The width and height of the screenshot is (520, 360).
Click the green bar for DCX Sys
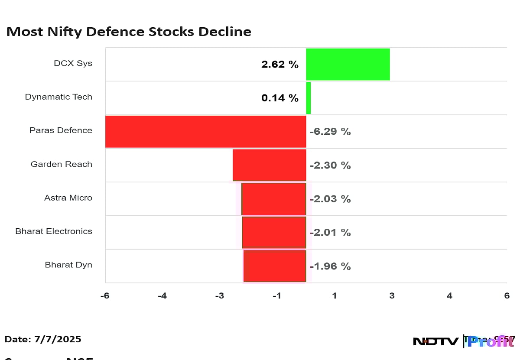coord(348,64)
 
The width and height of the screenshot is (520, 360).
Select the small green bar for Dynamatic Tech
coord(309,98)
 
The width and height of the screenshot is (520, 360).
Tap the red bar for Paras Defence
coord(205,131)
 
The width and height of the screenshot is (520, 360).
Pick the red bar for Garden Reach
coord(269,165)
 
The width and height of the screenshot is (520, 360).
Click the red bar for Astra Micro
coord(273,199)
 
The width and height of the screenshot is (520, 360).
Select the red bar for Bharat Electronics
coord(274,232)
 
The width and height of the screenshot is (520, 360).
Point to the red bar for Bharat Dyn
coord(275,266)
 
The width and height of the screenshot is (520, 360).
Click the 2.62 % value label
coord(279,65)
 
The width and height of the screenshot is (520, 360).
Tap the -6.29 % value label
coord(330,131)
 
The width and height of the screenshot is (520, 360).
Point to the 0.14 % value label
coord(279,98)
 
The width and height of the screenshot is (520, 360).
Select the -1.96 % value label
coord(330,266)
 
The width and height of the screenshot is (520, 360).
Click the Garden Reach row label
coord(61,164)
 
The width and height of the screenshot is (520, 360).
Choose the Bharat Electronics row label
coord(54,231)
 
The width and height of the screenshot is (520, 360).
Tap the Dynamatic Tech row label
coord(58,97)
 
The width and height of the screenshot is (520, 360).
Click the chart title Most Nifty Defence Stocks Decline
coord(129,32)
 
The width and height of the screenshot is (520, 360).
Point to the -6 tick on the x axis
coord(105,296)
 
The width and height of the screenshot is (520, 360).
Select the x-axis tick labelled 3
coord(392,296)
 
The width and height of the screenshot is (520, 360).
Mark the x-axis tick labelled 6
coord(507,296)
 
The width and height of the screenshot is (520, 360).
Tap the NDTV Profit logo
coord(464,341)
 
